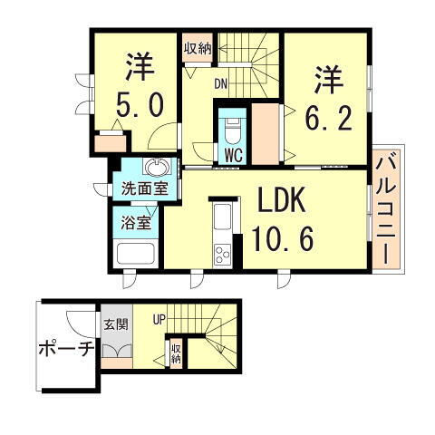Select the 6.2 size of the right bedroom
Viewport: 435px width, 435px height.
pyautogui.click(x=327, y=116)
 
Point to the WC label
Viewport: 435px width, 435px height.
pyautogui.click(x=231, y=155)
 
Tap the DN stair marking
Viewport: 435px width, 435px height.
pyautogui.click(x=220, y=84)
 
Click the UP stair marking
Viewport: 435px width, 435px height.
pyautogui.click(x=159, y=318)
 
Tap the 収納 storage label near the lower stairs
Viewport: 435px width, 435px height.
pyautogui.click(x=176, y=353)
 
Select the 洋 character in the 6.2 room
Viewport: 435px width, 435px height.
pyautogui.click(x=327, y=78)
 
